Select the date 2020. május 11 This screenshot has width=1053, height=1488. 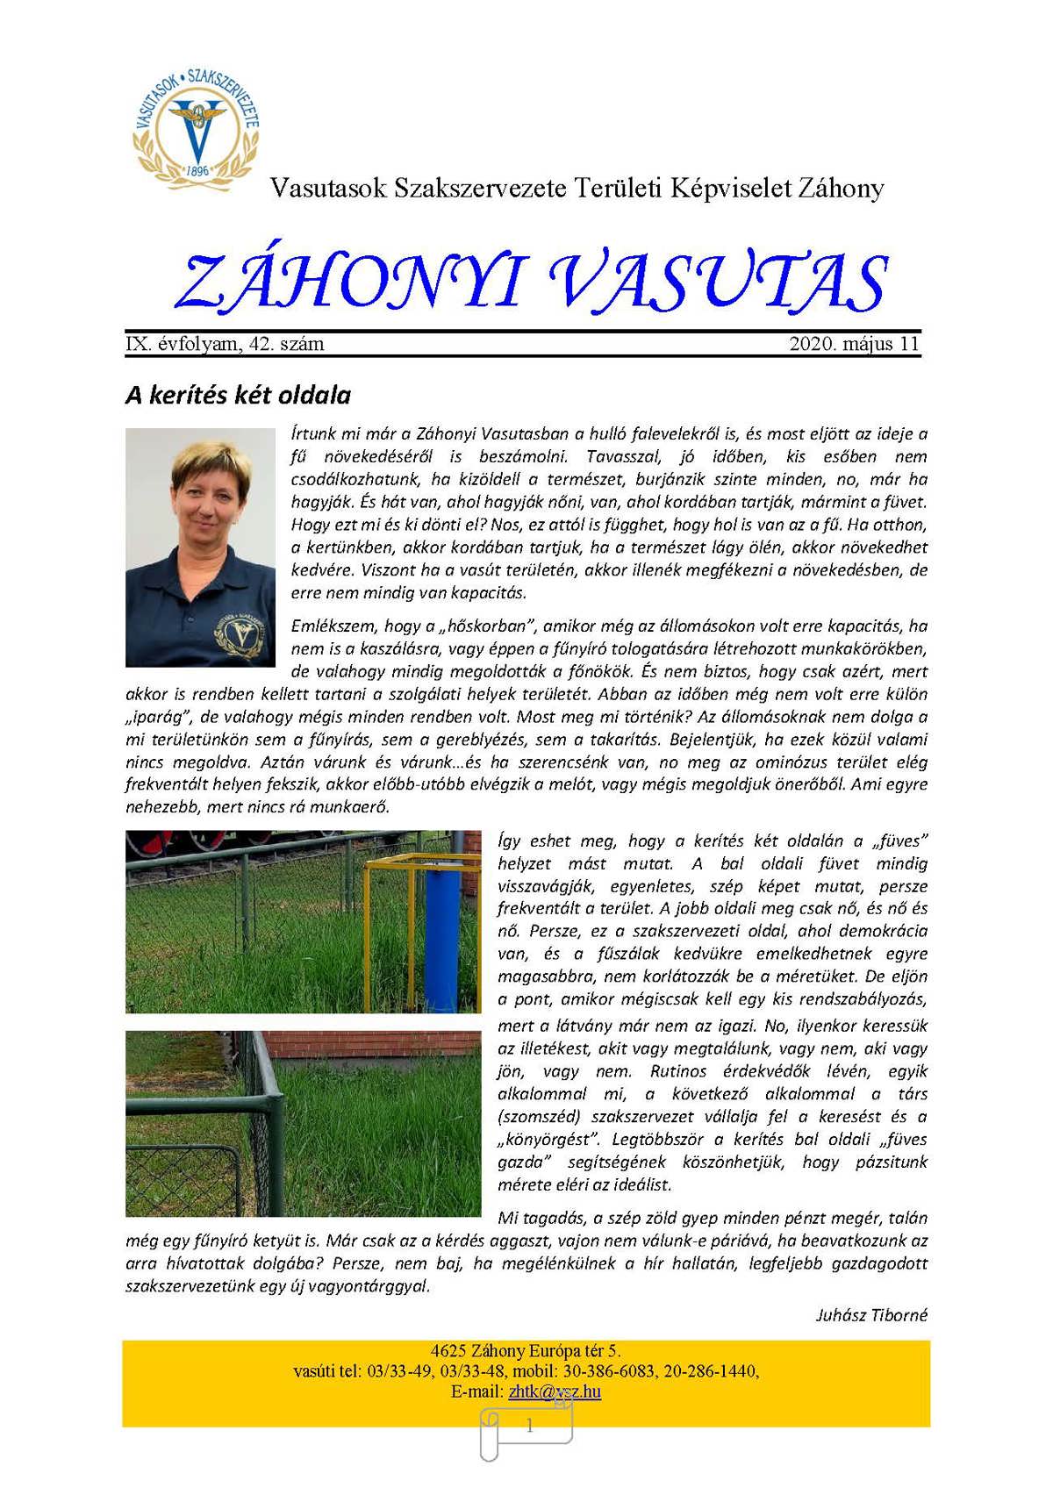tap(854, 344)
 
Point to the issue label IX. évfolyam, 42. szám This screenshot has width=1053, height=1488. tap(225, 344)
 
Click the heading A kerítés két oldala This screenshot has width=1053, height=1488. tap(238, 396)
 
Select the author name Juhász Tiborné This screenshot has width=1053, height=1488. tap(871, 1315)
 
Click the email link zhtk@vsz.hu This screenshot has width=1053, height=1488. tap(555, 1391)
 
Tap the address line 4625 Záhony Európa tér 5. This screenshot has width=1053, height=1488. tap(526, 1351)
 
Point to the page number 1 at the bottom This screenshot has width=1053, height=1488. tap(529, 1427)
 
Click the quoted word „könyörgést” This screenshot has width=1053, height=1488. tap(548, 1140)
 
